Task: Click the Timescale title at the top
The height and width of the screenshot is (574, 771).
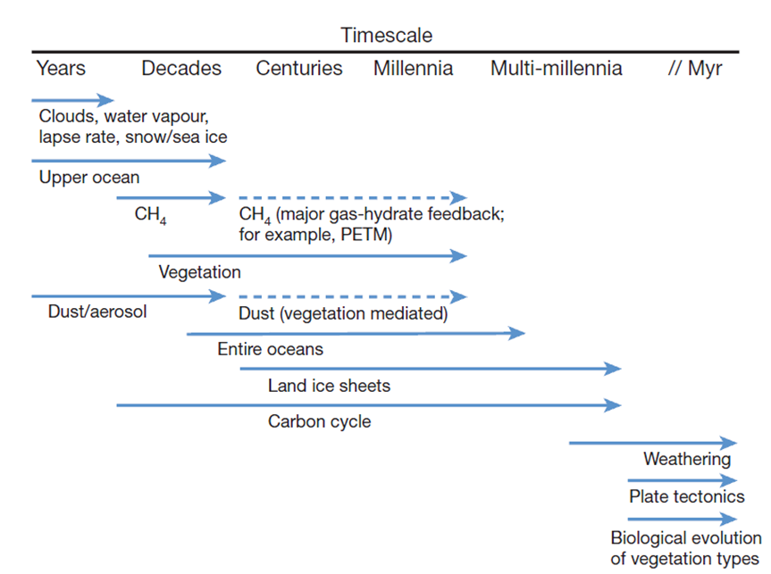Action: coord(386,36)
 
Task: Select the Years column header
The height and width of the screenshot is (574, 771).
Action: coord(61,69)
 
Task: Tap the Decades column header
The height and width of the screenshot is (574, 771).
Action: coord(181,69)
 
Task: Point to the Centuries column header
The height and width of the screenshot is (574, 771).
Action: coord(298,69)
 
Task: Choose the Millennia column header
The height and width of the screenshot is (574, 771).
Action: coord(413,69)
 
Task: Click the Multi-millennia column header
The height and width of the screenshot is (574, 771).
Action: coord(556,69)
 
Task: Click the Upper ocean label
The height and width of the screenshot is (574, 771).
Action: coord(89,178)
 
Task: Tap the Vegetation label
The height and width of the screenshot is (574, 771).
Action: coord(199,272)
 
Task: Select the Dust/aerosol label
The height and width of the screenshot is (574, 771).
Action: coord(97,312)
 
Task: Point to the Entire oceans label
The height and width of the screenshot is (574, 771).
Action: coord(270,349)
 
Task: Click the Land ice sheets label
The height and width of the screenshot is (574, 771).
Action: coord(329,387)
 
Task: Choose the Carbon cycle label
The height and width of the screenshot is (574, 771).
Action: coord(319,421)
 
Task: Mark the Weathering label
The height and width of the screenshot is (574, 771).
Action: coord(686,460)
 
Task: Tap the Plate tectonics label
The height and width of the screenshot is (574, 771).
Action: coord(686,496)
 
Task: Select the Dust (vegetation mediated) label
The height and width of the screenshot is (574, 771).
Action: coord(343,314)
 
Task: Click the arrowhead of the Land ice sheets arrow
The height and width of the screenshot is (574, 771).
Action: coord(615,368)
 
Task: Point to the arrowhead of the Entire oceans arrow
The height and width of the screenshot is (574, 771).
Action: coord(518,334)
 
